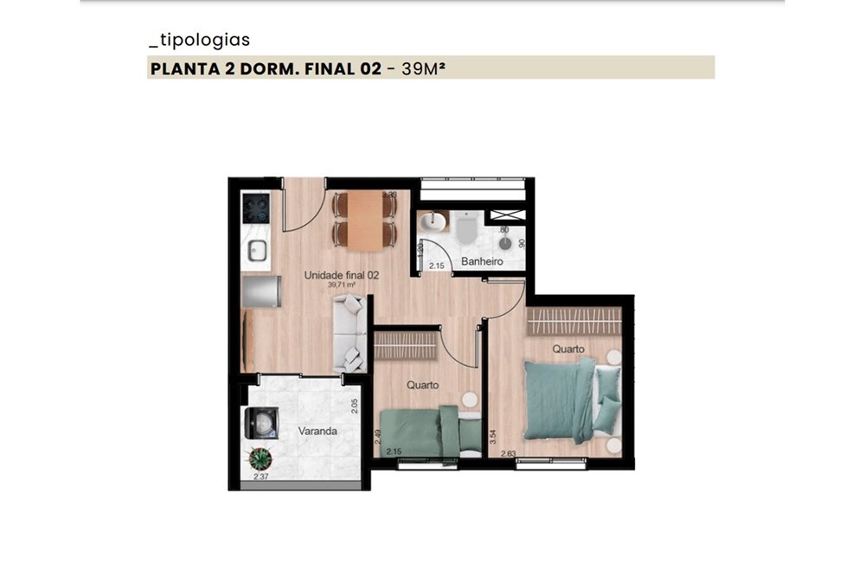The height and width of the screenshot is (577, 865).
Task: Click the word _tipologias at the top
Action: tap(200, 40)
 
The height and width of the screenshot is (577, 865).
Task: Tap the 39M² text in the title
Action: tap(423, 67)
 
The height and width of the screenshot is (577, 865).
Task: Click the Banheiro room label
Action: tap(482, 260)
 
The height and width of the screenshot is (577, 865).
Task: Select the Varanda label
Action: tap(317, 430)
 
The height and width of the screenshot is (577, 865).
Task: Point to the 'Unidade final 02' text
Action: tap(342, 275)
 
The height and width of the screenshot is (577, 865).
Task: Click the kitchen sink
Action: tap(257, 250)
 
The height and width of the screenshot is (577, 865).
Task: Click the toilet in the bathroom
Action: tap(465, 228)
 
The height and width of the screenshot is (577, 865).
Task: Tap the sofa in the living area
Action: tap(349, 333)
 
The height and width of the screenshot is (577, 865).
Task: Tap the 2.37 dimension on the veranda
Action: tap(260, 477)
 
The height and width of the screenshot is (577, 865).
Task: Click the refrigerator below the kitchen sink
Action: tap(260, 292)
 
